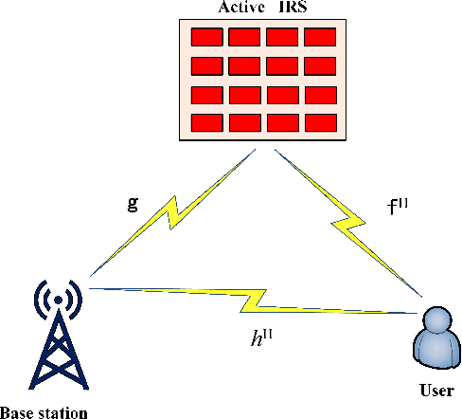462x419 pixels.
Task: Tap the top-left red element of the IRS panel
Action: point(206,37)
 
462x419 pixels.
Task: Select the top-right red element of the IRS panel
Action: point(320,37)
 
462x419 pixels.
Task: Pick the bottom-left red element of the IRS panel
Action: point(206,122)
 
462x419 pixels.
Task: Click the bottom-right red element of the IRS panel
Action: point(320,122)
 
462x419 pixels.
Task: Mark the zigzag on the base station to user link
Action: point(256,302)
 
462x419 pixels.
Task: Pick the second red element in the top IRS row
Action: point(244,37)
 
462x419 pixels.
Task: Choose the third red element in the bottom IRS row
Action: point(282,122)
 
